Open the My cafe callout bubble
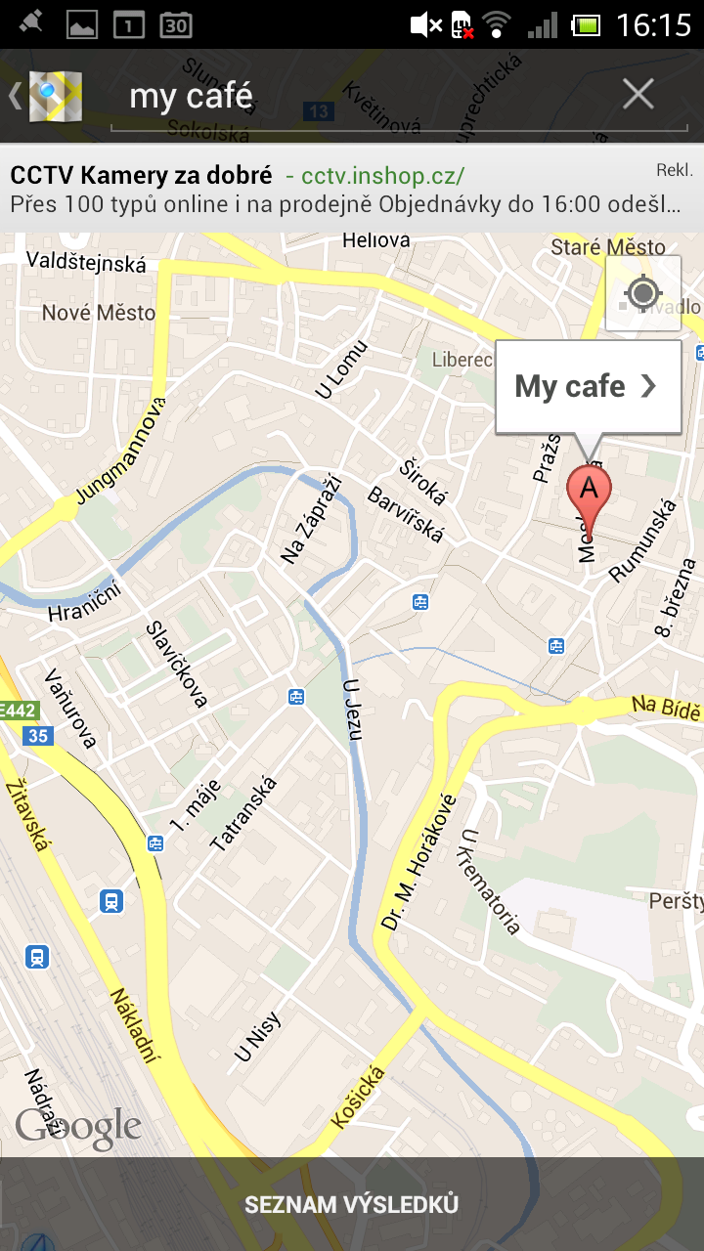point(588,387)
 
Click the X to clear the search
point(638,95)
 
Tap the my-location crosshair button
point(642,293)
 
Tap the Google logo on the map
point(78,1129)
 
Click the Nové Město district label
point(99,313)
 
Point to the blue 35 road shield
point(38,736)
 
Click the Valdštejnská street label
point(86,263)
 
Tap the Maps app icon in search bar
point(55,96)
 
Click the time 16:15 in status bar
point(653,24)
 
